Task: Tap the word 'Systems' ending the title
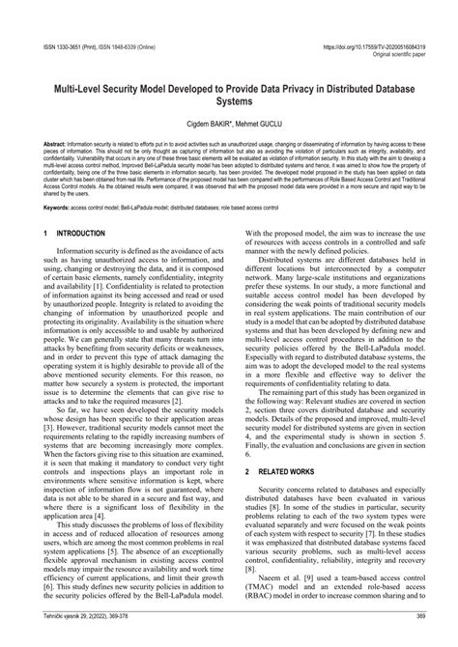click(229, 100)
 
